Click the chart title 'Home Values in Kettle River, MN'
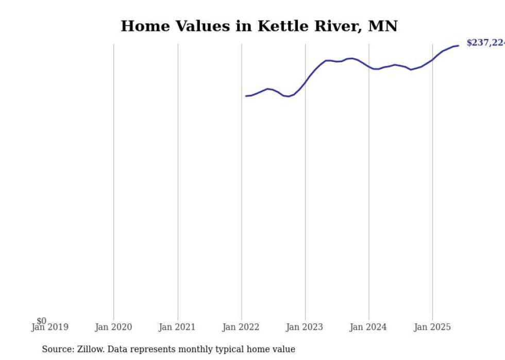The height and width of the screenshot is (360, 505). pyautogui.click(x=259, y=26)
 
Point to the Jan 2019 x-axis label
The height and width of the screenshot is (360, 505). pyautogui.click(x=50, y=327)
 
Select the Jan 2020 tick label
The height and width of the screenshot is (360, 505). pyautogui.click(x=113, y=327)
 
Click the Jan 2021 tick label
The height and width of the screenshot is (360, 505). pyautogui.click(x=177, y=327)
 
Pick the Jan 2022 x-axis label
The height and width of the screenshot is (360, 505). pyautogui.click(x=241, y=327)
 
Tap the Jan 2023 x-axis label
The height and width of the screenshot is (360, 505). pyautogui.click(x=305, y=327)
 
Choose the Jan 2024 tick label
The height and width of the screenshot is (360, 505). pyautogui.click(x=368, y=327)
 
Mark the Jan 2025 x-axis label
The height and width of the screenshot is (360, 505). pyautogui.click(x=432, y=327)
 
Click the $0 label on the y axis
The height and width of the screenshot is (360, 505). pyautogui.click(x=41, y=321)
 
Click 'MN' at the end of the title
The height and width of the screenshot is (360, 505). pyautogui.click(x=383, y=26)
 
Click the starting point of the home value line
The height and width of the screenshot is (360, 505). pyautogui.click(x=246, y=96)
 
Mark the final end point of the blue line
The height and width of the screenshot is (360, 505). pyautogui.click(x=458, y=46)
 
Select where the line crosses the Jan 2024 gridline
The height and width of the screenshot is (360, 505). pyautogui.click(x=369, y=67)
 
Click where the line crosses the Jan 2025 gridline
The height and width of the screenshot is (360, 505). pyautogui.click(x=432, y=59)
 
